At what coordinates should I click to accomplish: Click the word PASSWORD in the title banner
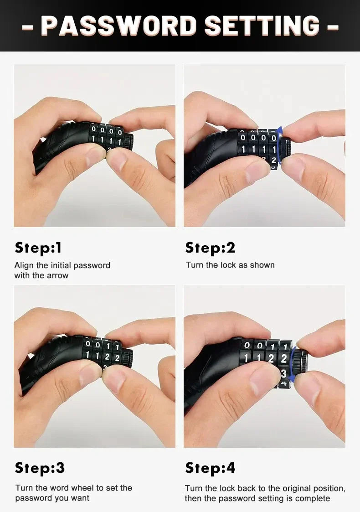pyautogui.click(x=119, y=26)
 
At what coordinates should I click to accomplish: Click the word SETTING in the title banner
pyautogui.click(x=262, y=26)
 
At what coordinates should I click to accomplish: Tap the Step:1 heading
pyautogui.click(x=38, y=248)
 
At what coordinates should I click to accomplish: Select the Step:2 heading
pyautogui.click(x=210, y=248)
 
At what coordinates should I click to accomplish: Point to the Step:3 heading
pyautogui.click(x=40, y=468)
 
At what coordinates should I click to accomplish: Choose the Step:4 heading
pyautogui.click(x=210, y=468)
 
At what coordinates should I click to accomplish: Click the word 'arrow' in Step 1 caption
pyautogui.click(x=57, y=275)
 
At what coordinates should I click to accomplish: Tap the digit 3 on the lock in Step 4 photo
pyautogui.click(x=283, y=373)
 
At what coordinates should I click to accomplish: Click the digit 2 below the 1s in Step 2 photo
pyautogui.click(x=273, y=160)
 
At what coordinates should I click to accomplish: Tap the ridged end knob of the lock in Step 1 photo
pyautogui.click(x=128, y=141)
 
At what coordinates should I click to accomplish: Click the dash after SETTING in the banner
pyautogui.click(x=333, y=27)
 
